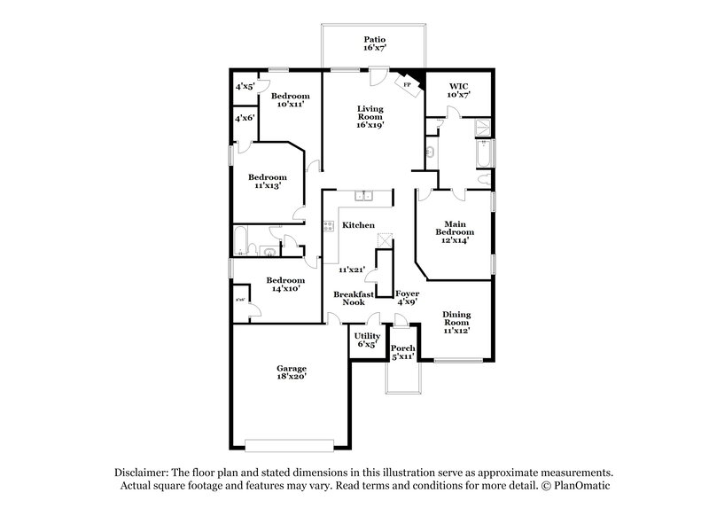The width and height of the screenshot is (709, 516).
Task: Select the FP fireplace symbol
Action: pos(408,85)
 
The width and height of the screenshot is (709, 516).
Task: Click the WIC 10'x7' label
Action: pos(458,90)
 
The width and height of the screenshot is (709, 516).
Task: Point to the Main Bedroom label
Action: pos(455,232)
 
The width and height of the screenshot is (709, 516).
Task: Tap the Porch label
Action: pos(403,352)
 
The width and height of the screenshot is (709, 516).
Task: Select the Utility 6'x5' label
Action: pos(367,340)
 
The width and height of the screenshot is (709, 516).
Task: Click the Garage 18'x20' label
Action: pos(291,372)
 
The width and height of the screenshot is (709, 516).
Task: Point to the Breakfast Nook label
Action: pos(349,298)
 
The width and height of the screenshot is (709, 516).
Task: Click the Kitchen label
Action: pos(358,226)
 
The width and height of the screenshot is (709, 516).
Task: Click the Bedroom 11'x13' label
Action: pos(267,182)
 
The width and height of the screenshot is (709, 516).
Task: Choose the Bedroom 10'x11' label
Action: pos(290,99)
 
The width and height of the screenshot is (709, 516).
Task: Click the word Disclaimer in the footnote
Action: pos(142,473)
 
